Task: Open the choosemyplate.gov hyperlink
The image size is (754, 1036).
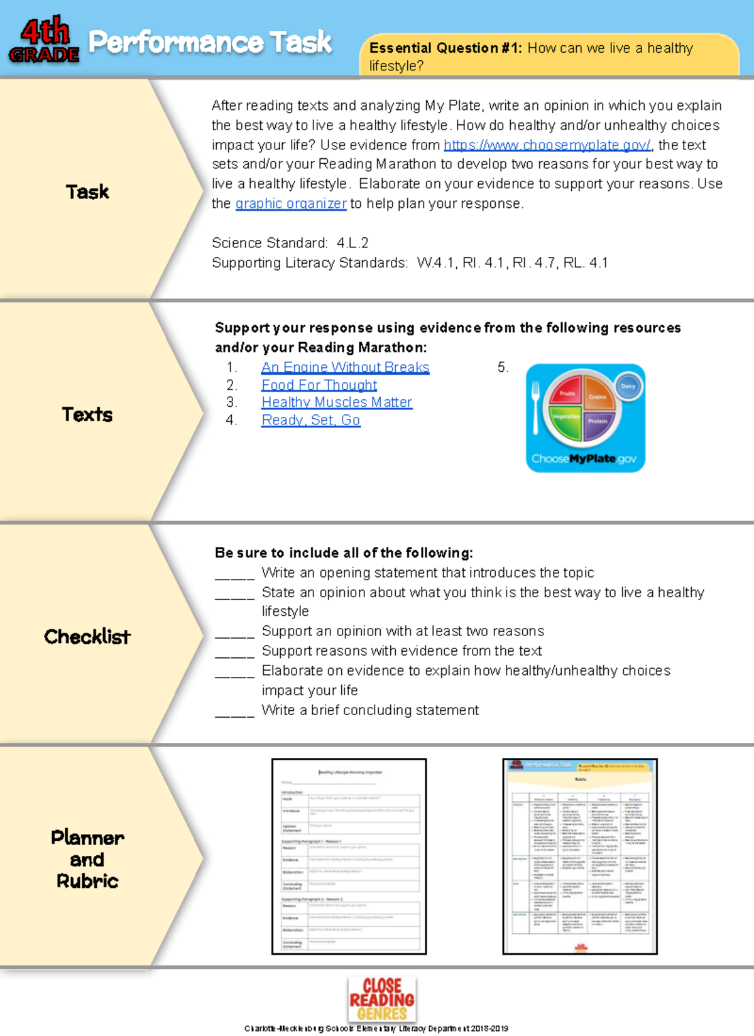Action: pyautogui.click(x=547, y=145)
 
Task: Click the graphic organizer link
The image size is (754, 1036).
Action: pyautogui.click(x=291, y=203)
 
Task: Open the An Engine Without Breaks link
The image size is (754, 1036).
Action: pyautogui.click(x=345, y=367)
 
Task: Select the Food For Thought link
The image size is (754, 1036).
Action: pyautogui.click(x=319, y=385)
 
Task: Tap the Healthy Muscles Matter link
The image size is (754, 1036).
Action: pyautogui.click(x=337, y=402)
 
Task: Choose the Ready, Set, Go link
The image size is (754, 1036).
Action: pyautogui.click(x=311, y=420)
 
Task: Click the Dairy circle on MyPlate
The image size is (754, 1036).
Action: pyautogui.click(x=628, y=386)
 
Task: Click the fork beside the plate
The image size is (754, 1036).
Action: pyautogui.click(x=535, y=408)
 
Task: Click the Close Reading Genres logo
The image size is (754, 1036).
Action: pyautogui.click(x=382, y=998)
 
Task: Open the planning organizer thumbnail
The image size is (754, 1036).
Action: pyautogui.click(x=349, y=856)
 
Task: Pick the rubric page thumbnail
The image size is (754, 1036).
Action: pyautogui.click(x=580, y=856)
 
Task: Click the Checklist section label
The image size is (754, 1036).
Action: pyautogui.click(x=87, y=637)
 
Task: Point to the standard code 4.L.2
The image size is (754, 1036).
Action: pyautogui.click(x=352, y=243)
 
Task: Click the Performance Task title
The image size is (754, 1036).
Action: pyautogui.click(x=210, y=42)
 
